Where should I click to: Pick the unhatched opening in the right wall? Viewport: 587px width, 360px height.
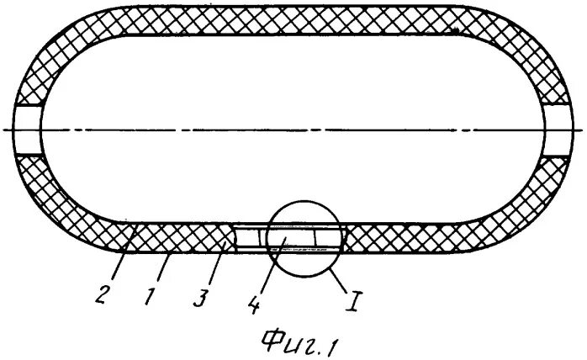(x=559, y=130)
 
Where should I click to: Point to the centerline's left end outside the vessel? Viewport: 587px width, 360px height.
(x=6, y=130)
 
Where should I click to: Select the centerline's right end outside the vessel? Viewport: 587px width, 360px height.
(x=580, y=130)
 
